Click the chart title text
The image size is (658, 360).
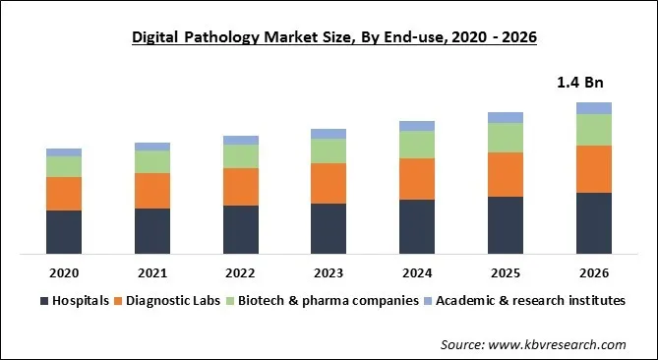[x=329, y=38]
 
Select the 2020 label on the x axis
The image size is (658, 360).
[x=64, y=271]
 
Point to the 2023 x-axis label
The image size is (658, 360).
[x=329, y=271]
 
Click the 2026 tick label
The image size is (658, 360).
[x=593, y=271]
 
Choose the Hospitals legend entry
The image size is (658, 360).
[x=74, y=300]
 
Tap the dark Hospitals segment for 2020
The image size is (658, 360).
[x=64, y=232]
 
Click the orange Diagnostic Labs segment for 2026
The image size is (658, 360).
[x=593, y=169]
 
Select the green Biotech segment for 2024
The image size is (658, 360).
[x=417, y=145]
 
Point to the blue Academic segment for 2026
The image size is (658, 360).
[x=593, y=108]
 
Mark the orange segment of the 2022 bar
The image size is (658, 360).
[x=241, y=187]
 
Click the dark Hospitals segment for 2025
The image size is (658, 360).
[x=506, y=225]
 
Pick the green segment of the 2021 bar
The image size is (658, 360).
[x=152, y=161]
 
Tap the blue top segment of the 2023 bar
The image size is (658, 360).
[x=329, y=134]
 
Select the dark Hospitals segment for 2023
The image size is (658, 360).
[x=329, y=229]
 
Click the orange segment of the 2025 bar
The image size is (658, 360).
[x=506, y=174]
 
